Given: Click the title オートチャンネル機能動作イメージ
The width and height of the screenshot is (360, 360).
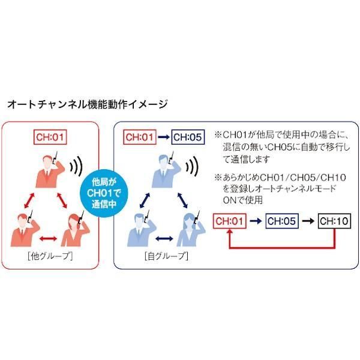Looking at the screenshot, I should pyautogui.click(x=87, y=104).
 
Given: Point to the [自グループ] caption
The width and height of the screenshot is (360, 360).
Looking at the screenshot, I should pyautogui.click(x=166, y=257).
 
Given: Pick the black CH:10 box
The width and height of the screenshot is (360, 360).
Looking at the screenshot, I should pyautogui.click(x=334, y=221).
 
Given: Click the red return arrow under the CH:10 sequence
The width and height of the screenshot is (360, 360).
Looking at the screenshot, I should pyautogui.click(x=282, y=246).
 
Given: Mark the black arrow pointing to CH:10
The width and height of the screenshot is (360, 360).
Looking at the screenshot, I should pyautogui.click(x=309, y=221).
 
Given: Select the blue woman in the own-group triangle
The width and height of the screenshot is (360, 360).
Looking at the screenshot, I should pyautogui.click(x=190, y=230).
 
